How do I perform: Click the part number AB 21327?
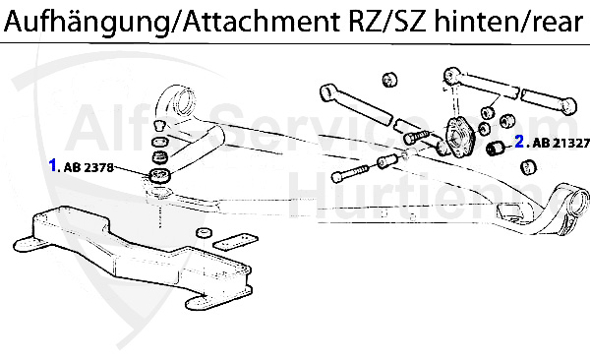click(x=560, y=143)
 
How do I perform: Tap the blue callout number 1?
click(x=54, y=165)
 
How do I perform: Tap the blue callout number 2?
click(x=520, y=142)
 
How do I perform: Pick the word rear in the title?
click(x=557, y=22)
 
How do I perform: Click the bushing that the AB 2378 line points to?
click(x=160, y=175)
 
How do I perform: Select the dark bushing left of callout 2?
click(x=497, y=148)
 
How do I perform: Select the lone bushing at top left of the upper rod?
click(x=388, y=77)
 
